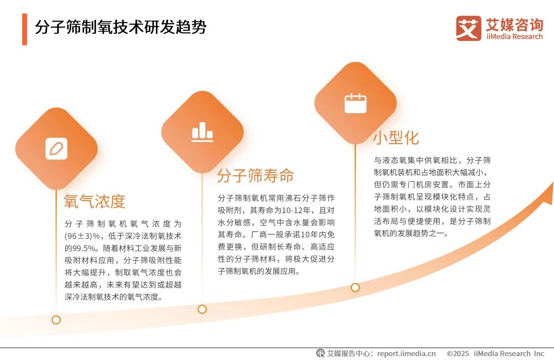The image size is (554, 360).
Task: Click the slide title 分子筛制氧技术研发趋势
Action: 121,28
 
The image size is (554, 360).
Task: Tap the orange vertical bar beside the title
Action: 24,29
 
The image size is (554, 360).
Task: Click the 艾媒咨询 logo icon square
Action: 468,29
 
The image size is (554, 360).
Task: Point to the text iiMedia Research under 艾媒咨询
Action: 513,36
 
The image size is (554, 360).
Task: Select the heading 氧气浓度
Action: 94,202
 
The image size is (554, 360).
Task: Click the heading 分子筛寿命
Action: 255,176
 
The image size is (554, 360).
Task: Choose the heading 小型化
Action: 395,138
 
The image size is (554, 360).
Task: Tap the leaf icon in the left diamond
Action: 56,149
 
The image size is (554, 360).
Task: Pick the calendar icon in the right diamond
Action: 355,103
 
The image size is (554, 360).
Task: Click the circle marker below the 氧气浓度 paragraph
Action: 56,320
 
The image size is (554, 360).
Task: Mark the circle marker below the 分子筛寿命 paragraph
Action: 202,309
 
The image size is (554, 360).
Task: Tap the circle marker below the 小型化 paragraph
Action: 355,288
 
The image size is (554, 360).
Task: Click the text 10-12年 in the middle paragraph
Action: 290,210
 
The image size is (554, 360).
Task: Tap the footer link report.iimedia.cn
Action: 406,353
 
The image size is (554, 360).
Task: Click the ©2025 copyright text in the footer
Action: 458,353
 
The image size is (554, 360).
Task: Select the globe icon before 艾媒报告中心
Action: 320,353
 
